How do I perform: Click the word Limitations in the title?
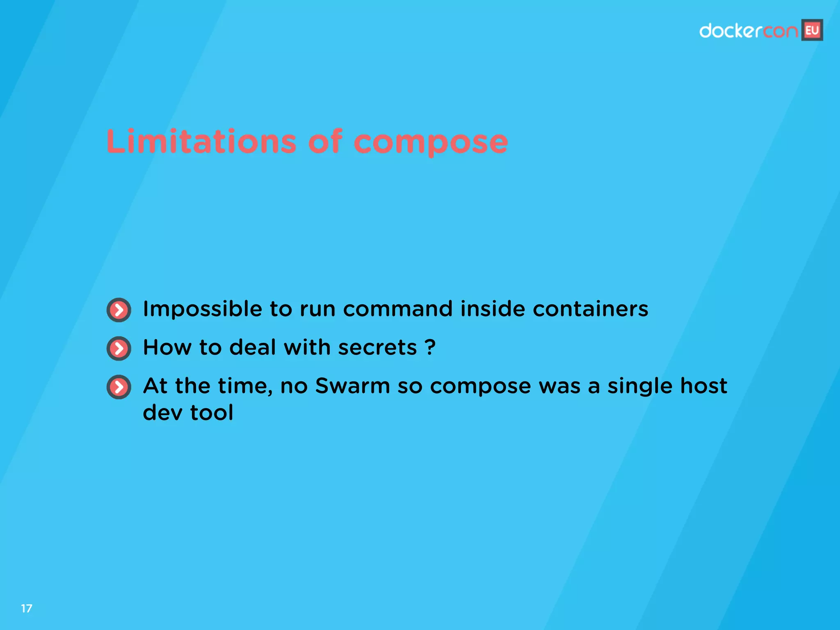point(201,142)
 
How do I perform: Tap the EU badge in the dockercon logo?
point(812,30)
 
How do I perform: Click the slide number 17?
point(27,608)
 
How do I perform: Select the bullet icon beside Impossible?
point(119,310)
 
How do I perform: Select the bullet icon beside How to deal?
point(119,349)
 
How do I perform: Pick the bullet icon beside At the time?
point(119,387)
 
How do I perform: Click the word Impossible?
point(202,309)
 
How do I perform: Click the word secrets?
point(377,348)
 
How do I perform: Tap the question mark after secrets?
point(430,347)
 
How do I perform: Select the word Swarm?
point(352,386)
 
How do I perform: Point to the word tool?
point(212,412)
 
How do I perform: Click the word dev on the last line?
point(162,412)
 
